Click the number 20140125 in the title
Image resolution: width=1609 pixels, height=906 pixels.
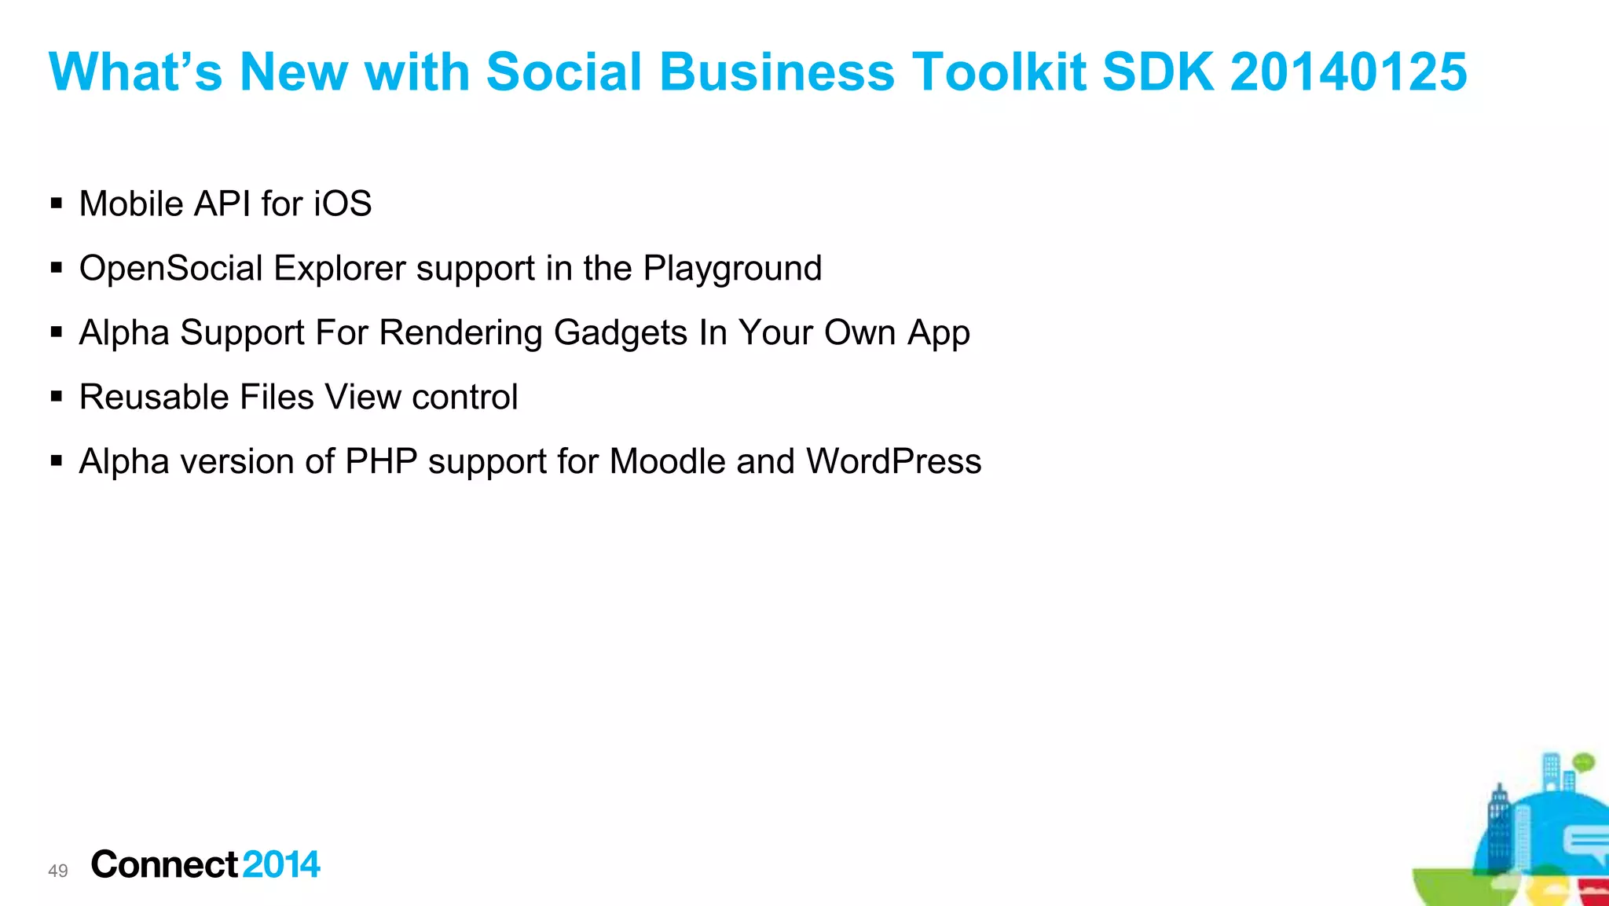[x=1348, y=72]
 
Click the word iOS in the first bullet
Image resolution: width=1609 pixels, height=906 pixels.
[x=343, y=204]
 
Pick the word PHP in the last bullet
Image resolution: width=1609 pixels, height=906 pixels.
[x=381, y=462]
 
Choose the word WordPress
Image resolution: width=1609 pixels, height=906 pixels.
[x=893, y=462]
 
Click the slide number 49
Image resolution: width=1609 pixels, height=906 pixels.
[x=58, y=871]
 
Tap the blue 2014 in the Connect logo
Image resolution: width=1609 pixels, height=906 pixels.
[x=281, y=865]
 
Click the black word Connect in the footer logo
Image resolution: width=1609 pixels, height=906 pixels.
[x=164, y=865]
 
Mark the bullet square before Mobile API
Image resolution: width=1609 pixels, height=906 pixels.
[x=57, y=204]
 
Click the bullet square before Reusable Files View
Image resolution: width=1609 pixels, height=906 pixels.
[x=57, y=398]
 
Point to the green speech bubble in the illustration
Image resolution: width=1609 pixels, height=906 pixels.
[x=1583, y=761]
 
